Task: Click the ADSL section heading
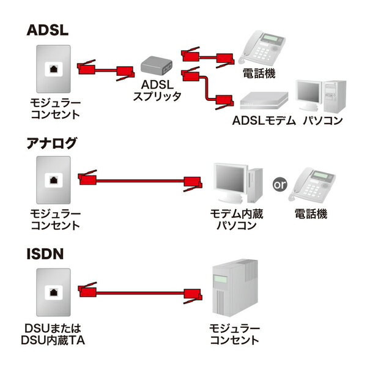48,31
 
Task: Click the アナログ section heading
53,144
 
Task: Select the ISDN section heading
45,253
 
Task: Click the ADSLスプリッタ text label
158,91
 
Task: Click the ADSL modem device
264,100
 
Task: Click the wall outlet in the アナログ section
54,179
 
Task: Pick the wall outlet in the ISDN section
54,289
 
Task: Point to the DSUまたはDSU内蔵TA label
52,335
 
